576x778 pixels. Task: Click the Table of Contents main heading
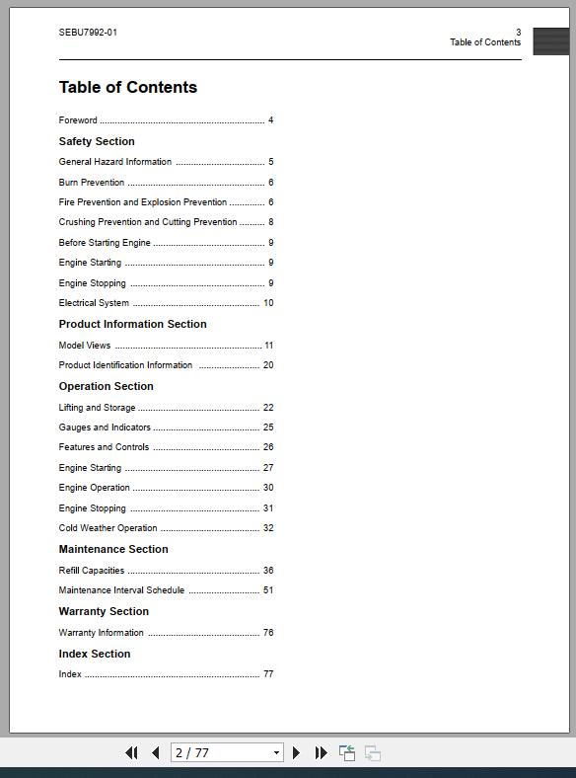click(128, 88)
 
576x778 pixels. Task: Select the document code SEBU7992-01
click(88, 33)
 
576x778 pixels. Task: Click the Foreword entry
click(78, 120)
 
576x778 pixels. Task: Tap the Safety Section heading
click(97, 141)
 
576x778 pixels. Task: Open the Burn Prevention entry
click(92, 183)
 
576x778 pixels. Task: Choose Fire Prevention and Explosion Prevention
click(143, 202)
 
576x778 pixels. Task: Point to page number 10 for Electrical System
click(268, 303)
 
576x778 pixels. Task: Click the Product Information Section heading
click(133, 324)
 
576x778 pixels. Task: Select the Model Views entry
click(85, 346)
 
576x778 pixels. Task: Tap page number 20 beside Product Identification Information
click(268, 365)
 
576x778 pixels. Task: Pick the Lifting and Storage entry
click(98, 408)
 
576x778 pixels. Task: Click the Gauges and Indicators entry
click(105, 428)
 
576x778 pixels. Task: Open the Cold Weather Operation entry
click(108, 528)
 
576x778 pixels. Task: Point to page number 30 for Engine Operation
click(268, 488)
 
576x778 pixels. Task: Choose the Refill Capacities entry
click(92, 571)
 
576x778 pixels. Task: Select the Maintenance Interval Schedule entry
click(121, 590)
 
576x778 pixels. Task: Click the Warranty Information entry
click(102, 633)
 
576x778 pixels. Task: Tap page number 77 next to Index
click(268, 674)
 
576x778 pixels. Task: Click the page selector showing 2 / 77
click(227, 752)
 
